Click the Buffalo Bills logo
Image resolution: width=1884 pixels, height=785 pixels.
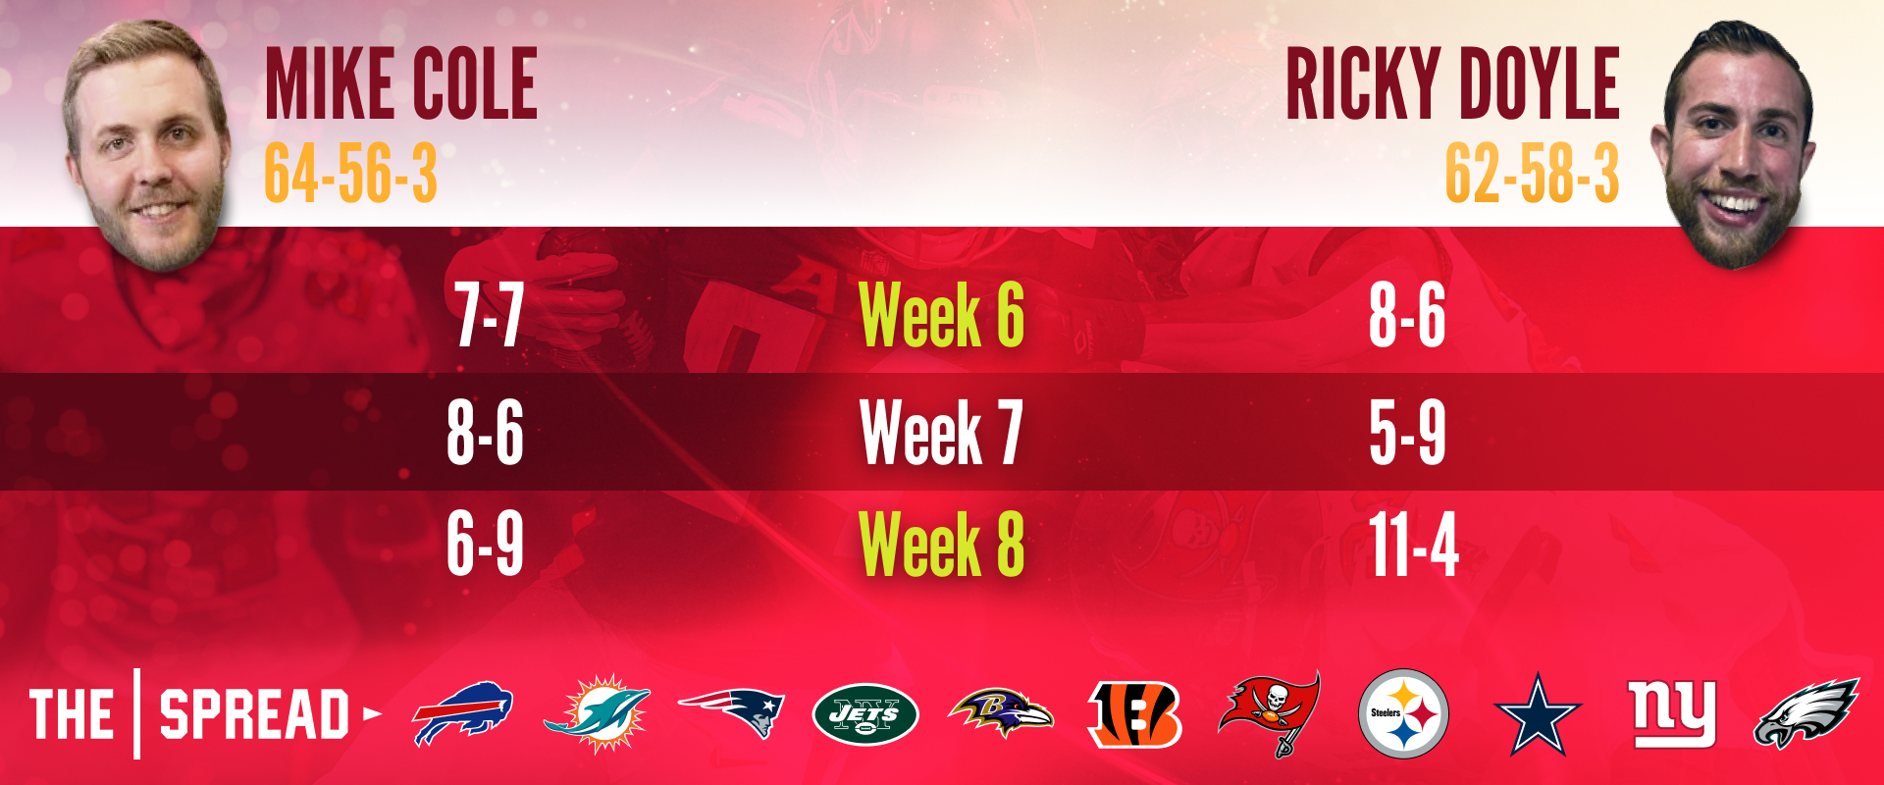point(462,713)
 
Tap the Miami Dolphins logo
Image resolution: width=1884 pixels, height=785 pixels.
point(597,713)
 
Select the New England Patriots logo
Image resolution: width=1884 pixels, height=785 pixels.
point(731,712)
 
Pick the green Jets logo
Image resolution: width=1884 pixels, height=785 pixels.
point(865,714)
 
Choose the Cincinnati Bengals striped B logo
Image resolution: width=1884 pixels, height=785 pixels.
point(1135,713)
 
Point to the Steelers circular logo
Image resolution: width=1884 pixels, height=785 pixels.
point(1403,713)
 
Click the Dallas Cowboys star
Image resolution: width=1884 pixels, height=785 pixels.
point(1538,714)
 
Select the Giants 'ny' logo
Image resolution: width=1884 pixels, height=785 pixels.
point(1672,713)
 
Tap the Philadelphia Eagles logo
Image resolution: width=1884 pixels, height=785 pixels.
point(1806,713)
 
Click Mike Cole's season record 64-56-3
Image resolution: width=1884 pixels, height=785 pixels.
point(350,174)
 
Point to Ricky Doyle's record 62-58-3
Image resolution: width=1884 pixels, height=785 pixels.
point(1532,174)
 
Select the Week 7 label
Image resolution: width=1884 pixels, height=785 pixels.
point(941,432)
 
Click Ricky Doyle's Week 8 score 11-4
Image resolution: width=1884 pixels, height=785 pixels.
point(1414,545)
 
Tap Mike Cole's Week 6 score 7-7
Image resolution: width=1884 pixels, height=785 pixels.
point(488,315)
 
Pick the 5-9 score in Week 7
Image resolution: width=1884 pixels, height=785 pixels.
point(1407,432)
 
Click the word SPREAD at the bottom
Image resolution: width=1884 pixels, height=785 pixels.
point(255,714)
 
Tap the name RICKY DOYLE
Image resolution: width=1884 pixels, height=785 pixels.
point(1452,84)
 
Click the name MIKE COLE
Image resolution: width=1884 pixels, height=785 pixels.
point(401,84)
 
